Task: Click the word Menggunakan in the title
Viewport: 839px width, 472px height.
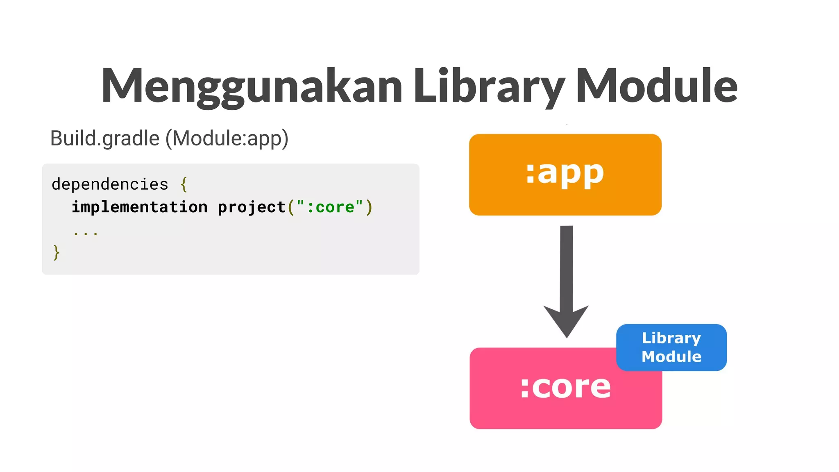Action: click(252, 86)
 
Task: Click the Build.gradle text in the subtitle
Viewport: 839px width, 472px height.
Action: click(104, 138)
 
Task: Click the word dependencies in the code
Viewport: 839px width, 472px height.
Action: click(110, 184)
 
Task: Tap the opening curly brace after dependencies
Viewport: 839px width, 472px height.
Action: click(184, 184)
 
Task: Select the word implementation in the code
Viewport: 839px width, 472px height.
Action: click(140, 207)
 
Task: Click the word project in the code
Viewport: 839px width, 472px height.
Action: click(252, 207)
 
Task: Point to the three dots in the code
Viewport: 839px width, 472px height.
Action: click(86, 233)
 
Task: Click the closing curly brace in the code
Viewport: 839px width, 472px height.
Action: click(57, 252)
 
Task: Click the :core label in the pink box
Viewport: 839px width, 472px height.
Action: click(565, 387)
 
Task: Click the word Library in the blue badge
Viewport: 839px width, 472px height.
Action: click(671, 338)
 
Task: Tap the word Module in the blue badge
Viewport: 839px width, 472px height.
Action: click(671, 356)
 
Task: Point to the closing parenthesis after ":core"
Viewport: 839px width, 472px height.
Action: click(369, 207)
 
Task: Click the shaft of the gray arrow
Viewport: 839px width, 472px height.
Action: click(566, 266)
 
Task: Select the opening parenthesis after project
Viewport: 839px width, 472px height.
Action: click(291, 207)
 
